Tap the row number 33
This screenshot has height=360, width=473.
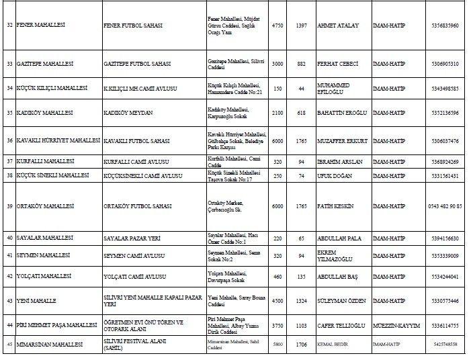point(9,64)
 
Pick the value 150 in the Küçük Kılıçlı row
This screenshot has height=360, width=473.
point(277,88)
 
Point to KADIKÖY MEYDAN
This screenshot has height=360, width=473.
point(128,113)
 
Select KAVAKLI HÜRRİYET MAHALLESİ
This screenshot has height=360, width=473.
point(58,141)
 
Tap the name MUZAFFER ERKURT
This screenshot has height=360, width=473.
point(343,141)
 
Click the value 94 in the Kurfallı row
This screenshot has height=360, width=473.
point(302,162)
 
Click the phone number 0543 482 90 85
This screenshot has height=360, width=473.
point(445,206)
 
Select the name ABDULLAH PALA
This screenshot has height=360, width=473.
point(339,238)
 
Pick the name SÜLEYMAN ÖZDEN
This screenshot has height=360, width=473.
point(342,301)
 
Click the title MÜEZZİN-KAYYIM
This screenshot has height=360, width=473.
point(396,325)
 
